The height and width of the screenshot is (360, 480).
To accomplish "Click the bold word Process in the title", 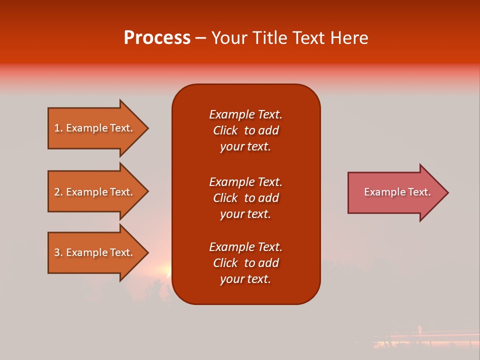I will (157, 38).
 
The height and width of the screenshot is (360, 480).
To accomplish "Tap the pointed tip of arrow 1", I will (147, 128).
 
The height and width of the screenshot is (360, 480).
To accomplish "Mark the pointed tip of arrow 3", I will (147, 252).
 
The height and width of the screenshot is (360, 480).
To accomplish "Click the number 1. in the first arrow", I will (58, 128).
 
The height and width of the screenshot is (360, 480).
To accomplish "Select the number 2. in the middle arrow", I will (58, 192).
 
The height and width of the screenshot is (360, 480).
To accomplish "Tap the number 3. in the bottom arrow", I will (58, 252).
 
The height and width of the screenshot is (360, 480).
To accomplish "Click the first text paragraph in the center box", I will (245, 130).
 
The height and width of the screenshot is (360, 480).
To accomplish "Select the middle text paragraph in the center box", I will (245, 198).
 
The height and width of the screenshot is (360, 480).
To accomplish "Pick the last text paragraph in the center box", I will (245, 263).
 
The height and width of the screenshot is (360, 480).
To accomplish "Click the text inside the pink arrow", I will (397, 192).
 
